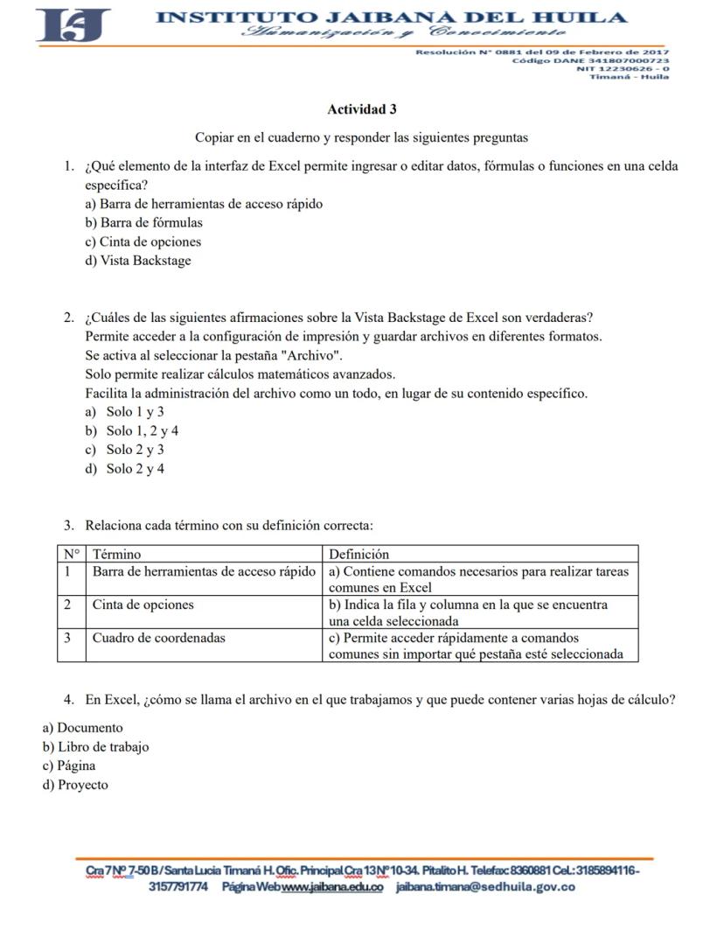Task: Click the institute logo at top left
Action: [x=73, y=24]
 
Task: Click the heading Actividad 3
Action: [x=361, y=109]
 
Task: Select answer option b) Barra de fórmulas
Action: [x=143, y=223]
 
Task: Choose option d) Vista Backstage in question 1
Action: [x=137, y=261]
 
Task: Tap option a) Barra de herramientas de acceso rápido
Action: [x=204, y=204]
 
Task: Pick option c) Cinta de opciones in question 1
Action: [x=143, y=241]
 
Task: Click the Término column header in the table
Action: [x=117, y=554]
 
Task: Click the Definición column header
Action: [x=359, y=554]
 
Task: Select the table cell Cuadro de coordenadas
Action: [x=159, y=638]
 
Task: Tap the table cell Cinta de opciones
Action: [x=143, y=605]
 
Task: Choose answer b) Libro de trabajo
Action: [x=96, y=747]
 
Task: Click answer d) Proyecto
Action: [x=76, y=785]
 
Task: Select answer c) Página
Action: [x=69, y=766]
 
